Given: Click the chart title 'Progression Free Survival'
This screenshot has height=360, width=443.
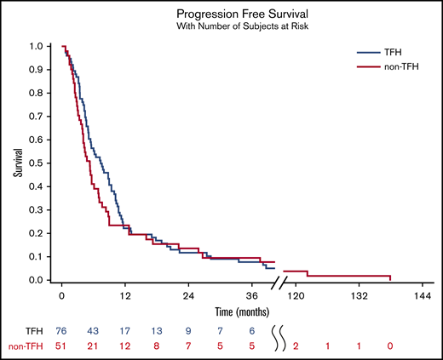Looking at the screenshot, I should click(241, 14).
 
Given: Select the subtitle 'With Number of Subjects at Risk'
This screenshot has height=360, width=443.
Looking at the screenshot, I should click(241, 27).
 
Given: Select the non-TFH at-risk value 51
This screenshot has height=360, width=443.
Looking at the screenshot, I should click(61, 346).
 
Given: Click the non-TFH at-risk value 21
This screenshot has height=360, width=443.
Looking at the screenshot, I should click(94, 346).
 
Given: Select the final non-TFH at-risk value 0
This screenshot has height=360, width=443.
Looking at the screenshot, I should click(390, 346).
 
